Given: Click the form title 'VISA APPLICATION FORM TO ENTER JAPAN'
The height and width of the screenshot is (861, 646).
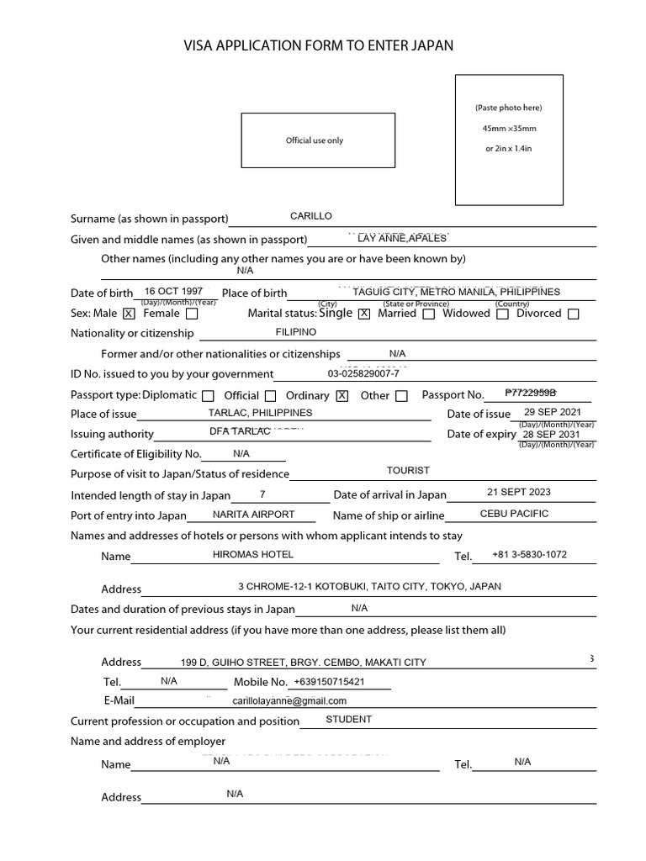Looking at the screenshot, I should pos(319,46).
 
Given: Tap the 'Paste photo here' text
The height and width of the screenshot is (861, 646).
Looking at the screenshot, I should pos(508,108).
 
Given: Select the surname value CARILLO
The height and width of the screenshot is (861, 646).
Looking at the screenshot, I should pos(311,216).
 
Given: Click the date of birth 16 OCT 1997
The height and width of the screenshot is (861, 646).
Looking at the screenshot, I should pos(173,291).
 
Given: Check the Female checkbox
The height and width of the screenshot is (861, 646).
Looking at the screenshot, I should pos(192,314).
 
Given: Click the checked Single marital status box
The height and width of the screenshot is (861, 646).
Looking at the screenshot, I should pos(364,314).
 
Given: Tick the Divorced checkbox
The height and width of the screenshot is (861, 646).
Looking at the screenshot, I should pos(573,314).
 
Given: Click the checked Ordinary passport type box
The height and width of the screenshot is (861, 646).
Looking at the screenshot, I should pos(342,396).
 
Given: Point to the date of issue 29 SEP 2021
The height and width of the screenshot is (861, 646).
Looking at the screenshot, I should pos(552,412).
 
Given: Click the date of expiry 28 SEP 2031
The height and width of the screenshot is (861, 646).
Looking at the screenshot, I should pos(551,434).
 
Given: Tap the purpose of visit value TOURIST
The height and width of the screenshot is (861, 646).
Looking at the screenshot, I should pos(408,471).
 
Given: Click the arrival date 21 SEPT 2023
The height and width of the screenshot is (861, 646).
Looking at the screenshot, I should pos(519,492).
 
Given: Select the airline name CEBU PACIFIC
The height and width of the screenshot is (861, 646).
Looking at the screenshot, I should pos(514,514).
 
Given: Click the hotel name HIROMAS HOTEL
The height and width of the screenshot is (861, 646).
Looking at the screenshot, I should pos(253,554).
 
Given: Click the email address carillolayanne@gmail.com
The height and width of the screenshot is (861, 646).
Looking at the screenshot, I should pos(289,700).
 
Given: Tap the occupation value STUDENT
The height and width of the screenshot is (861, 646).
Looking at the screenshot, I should pos(348,719).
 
